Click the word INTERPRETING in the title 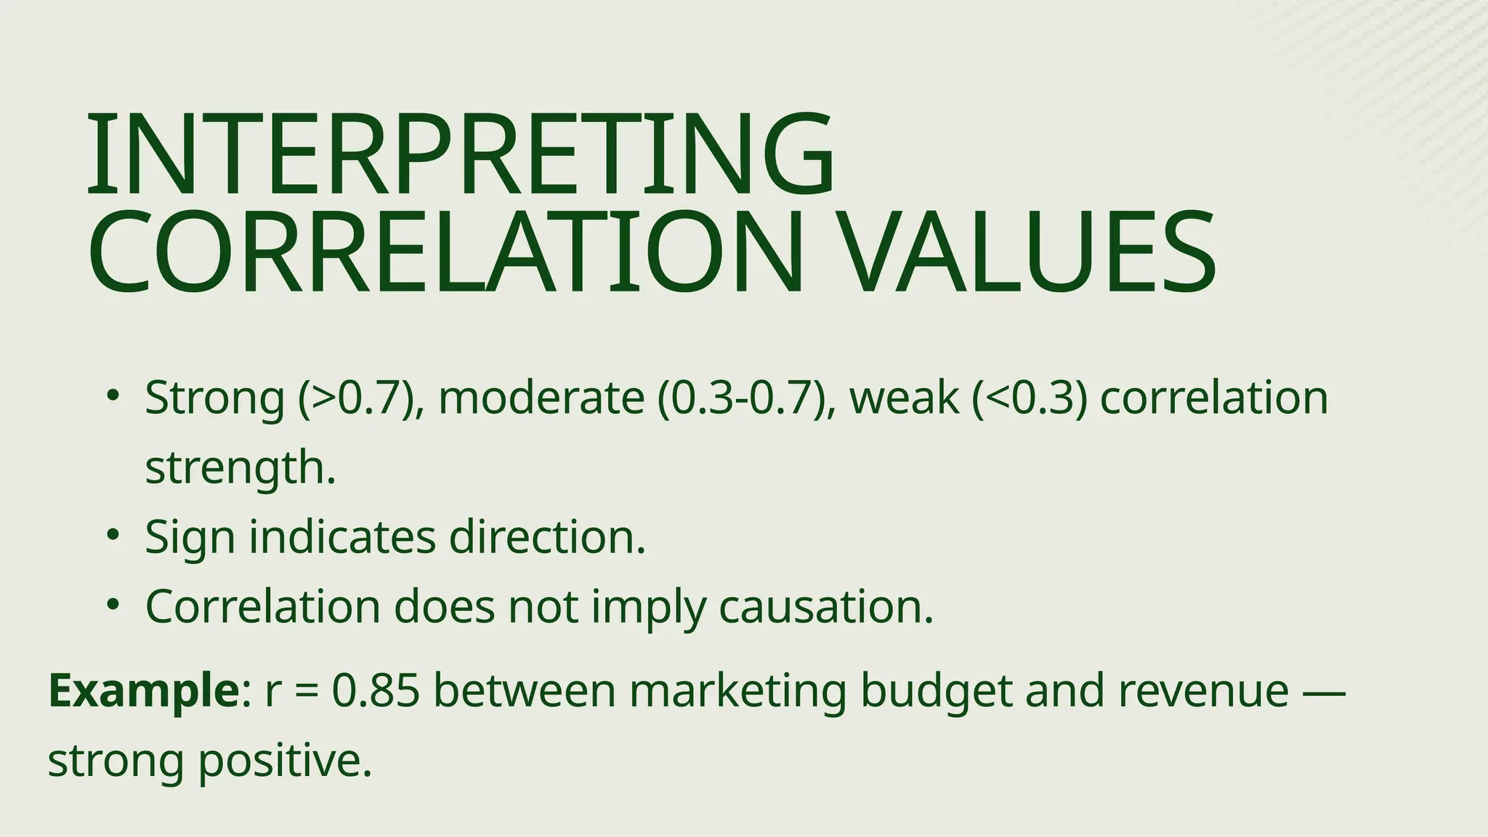point(461,154)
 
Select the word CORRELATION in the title point(445,251)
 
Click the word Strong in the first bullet point(214,398)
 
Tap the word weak point(903,398)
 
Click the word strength point(240,468)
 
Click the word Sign point(190,538)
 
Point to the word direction point(547,538)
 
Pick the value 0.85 point(376,691)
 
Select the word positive point(285,761)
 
